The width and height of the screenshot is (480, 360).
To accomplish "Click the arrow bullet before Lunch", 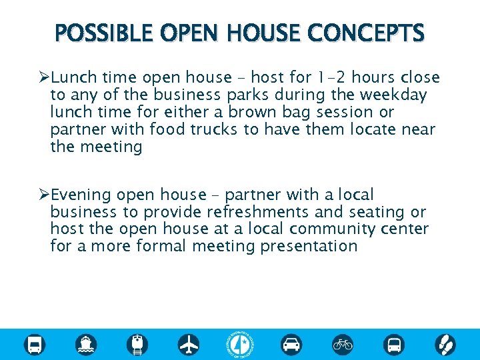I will coord(44,77).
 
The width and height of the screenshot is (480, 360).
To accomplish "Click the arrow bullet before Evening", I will coord(44,195).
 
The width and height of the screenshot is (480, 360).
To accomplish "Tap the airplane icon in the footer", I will coord(189,344).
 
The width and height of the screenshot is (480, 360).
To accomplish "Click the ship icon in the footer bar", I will coord(86,344).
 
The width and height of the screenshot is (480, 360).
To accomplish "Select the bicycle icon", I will coord(343,344).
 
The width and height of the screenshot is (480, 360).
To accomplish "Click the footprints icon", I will coord(445,344).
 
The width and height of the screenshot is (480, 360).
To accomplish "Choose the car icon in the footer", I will coord(291,344).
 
